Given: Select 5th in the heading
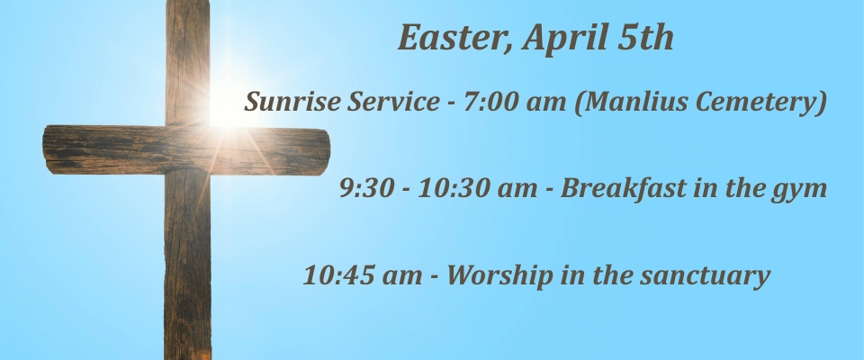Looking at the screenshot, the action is pyautogui.click(x=645, y=38).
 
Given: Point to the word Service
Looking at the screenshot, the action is pyautogui.click(x=393, y=101).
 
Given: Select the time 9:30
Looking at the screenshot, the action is pyautogui.click(x=366, y=188).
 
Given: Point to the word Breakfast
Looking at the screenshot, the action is pyautogui.click(x=623, y=188).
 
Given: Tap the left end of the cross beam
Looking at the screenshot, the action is pyautogui.click(x=44, y=149).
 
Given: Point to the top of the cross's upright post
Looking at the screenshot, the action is pyautogui.click(x=188, y=2).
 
